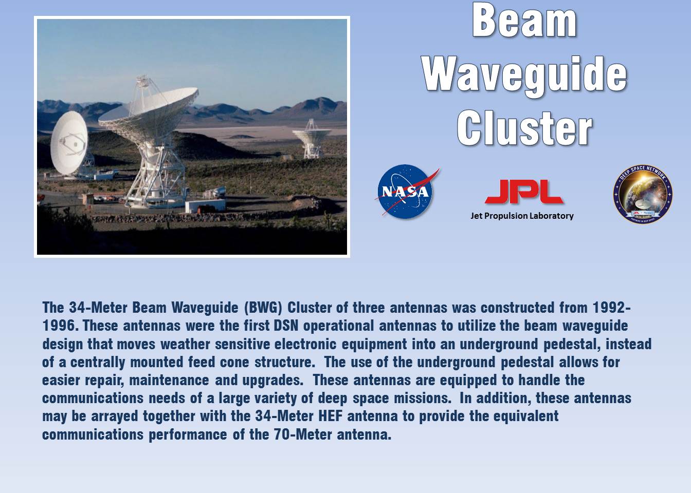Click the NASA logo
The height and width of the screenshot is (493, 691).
pos(406,192)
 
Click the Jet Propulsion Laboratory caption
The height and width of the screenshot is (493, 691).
pos(522,216)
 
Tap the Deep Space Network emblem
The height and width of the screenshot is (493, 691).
pos(643,194)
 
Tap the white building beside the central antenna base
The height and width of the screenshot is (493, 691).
pos(205,205)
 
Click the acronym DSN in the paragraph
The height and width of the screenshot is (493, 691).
pos(286,326)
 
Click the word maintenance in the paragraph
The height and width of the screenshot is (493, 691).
pos(169,380)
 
